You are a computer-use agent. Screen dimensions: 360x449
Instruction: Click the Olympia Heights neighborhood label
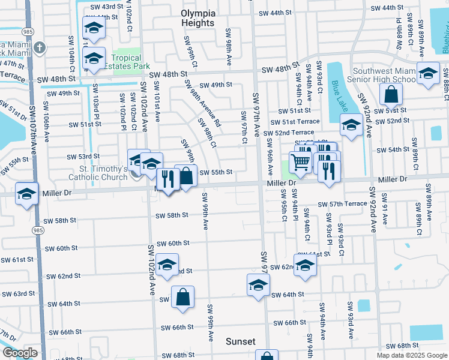click(x=197, y=17)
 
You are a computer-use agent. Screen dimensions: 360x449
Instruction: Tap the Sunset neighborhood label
click(x=240, y=341)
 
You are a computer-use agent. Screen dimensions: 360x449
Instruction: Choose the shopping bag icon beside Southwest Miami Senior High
click(x=391, y=95)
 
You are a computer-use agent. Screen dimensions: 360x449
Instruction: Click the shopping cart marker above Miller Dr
click(x=300, y=161)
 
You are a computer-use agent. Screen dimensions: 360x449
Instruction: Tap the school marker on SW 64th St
click(x=258, y=284)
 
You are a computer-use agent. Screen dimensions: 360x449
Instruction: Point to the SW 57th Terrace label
click(x=342, y=204)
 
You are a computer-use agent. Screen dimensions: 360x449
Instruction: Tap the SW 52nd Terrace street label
click(x=289, y=133)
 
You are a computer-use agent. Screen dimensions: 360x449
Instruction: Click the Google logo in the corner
click(x=20, y=353)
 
